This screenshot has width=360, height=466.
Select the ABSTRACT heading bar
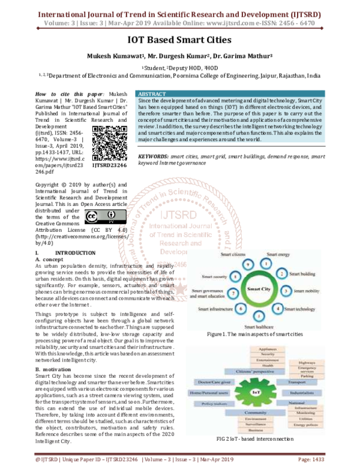(x=245, y=95)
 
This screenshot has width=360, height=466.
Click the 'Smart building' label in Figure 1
(x=304, y=274)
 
